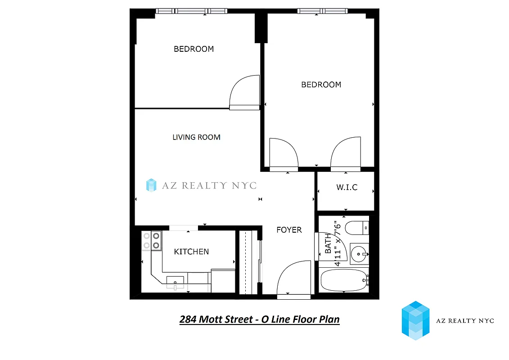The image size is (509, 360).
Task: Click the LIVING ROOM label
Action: (196, 137)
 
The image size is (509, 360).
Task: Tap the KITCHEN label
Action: (191, 252)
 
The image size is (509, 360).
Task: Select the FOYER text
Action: (289, 230)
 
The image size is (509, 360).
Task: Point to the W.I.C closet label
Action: (347, 187)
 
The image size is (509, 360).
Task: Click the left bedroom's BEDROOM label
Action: (194, 49)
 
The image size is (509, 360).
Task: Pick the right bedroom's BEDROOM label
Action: (321, 85)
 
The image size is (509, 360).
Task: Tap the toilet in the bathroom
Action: (358, 228)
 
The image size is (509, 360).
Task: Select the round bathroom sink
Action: (359, 254)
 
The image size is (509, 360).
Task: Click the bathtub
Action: (343, 281)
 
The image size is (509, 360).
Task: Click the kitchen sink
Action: (175, 282)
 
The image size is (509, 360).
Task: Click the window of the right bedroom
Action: (322, 11)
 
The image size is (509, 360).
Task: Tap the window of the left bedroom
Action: (192, 11)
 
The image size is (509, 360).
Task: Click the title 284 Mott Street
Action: (259, 319)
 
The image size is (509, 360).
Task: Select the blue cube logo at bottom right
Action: (415, 320)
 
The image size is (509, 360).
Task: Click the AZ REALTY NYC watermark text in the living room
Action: (201, 185)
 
